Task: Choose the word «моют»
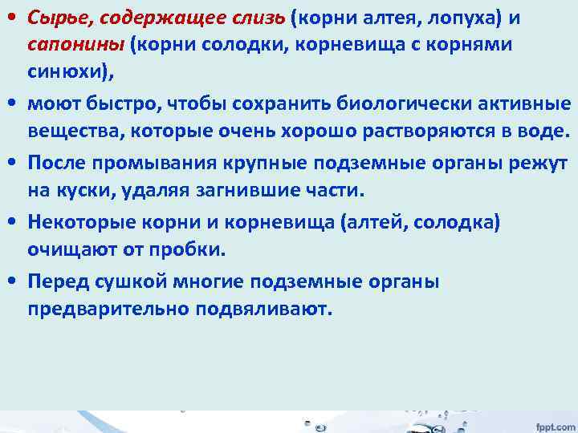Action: tap(52, 104)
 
